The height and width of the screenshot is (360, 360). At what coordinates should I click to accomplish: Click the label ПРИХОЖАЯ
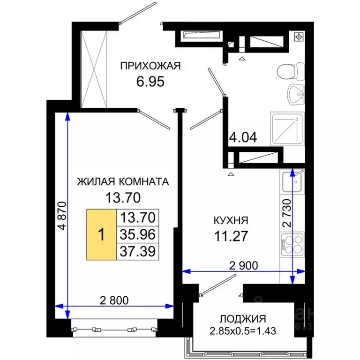(150, 66)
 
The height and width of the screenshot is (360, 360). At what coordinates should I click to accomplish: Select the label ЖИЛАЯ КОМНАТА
(123, 181)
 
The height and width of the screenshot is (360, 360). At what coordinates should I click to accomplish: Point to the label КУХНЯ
(231, 220)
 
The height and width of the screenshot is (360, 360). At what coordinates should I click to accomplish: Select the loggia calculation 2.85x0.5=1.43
(243, 331)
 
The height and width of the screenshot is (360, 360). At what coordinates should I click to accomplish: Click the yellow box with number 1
(101, 234)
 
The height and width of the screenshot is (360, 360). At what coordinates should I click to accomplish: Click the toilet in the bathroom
(288, 72)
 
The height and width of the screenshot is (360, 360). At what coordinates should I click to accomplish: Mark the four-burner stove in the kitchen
(292, 247)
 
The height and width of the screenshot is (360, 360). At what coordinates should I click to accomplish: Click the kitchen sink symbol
(292, 182)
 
